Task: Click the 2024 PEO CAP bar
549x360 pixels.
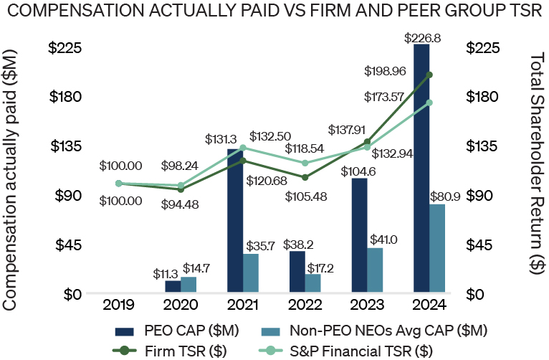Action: coord(421,169)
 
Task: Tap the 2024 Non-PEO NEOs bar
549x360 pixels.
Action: coord(437,248)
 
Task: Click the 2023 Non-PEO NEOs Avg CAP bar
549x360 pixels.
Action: coord(375,270)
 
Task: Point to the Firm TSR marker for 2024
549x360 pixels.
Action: coord(429,74)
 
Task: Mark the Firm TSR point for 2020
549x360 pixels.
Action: coord(181,189)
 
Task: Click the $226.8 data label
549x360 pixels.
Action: coord(421,37)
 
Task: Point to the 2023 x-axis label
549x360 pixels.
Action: coord(367,304)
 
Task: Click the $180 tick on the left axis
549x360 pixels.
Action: coord(65,97)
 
